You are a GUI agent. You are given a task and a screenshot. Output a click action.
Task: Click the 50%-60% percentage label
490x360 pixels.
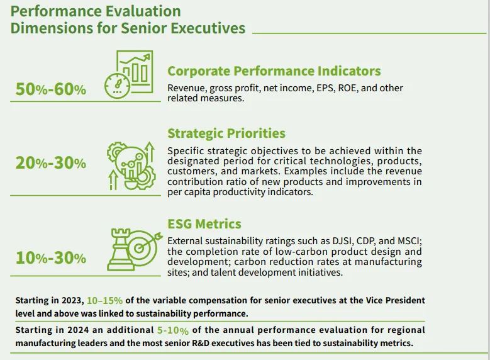click(50, 90)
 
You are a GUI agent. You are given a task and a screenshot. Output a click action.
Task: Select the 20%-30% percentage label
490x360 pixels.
click(50, 163)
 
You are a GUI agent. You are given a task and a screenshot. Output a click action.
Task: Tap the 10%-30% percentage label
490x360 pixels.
click(50, 257)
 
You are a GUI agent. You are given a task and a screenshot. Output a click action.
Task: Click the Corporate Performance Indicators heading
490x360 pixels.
click(274, 71)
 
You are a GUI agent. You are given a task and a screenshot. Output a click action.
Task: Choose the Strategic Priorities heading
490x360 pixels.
click(226, 133)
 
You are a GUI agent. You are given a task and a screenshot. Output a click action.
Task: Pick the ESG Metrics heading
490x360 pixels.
click(204, 224)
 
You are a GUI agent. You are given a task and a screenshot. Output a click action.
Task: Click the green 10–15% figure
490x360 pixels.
click(104, 300)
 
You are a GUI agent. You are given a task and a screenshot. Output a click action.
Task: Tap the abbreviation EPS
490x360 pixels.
click(323, 88)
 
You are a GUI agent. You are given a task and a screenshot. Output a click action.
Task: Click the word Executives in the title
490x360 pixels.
click(209, 28)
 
